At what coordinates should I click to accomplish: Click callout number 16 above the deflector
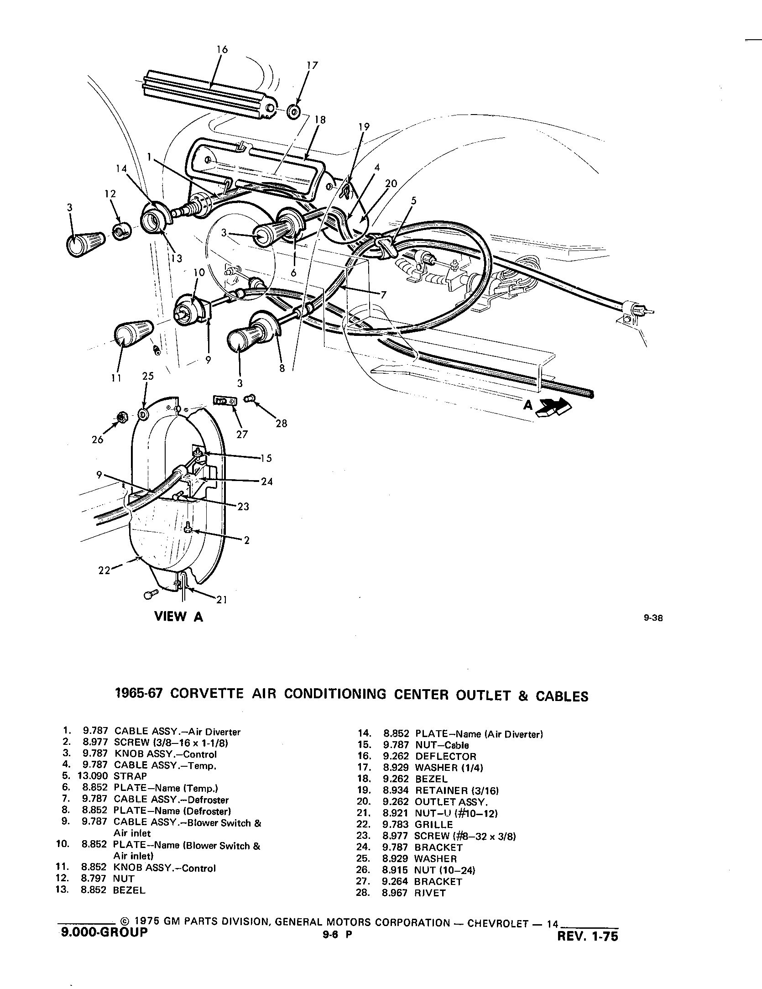point(222,49)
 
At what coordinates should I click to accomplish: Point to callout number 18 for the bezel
point(320,120)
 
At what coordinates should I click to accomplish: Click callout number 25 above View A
point(148,376)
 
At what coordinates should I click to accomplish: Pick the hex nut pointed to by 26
point(122,416)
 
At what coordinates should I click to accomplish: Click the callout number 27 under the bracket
point(242,434)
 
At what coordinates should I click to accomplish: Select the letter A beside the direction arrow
point(528,404)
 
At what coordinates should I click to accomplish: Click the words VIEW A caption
point(178,617)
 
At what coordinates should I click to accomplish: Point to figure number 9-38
point(652,619)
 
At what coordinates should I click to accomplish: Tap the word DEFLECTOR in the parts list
point(445,756)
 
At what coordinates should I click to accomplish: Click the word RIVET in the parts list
point(430,893)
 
